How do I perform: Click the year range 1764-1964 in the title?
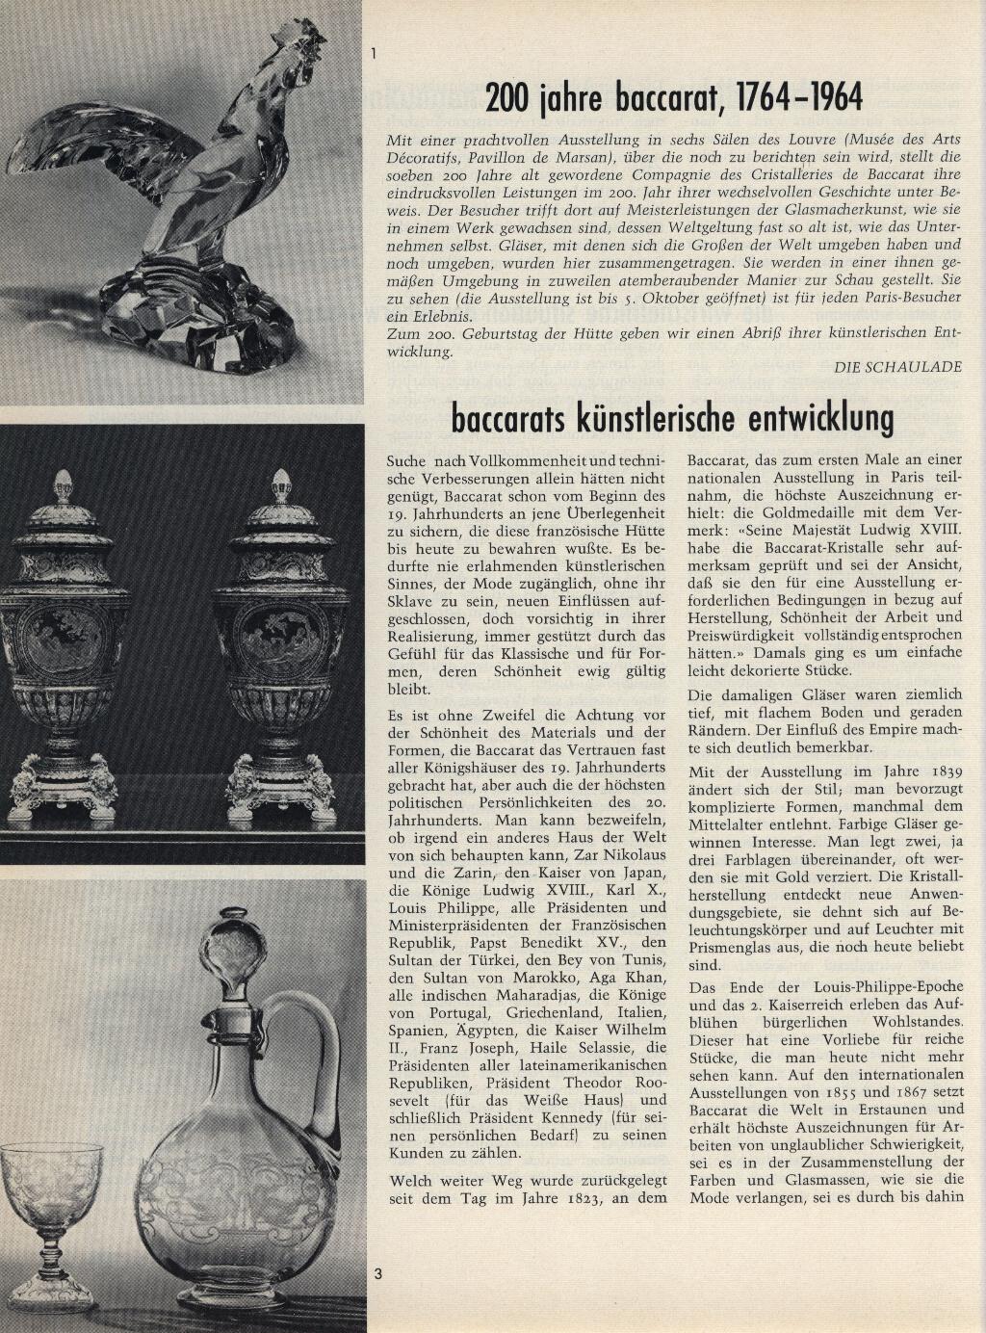click(x=799, y=97)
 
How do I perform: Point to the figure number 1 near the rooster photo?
click(x=374, y=53)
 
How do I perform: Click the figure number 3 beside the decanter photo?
click(x=378, y=1274)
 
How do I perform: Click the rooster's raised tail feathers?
click(x=87, y=144)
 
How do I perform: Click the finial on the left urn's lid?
click(x=64, y=486)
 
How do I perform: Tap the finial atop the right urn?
click(x=281, y=486)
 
